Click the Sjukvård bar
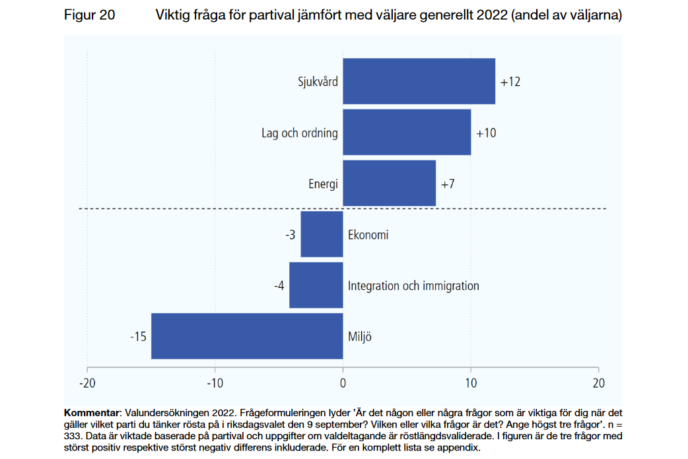419,81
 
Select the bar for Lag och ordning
407,132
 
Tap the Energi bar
389,183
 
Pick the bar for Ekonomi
322,234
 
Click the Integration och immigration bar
316,285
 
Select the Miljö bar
247,336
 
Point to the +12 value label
510,82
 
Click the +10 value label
486,133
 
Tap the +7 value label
448,184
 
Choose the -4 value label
279,286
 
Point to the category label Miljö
360,337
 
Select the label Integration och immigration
413,286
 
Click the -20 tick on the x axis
87,383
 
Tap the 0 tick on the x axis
343,383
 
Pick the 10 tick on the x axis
471,383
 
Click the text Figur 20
89,16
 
